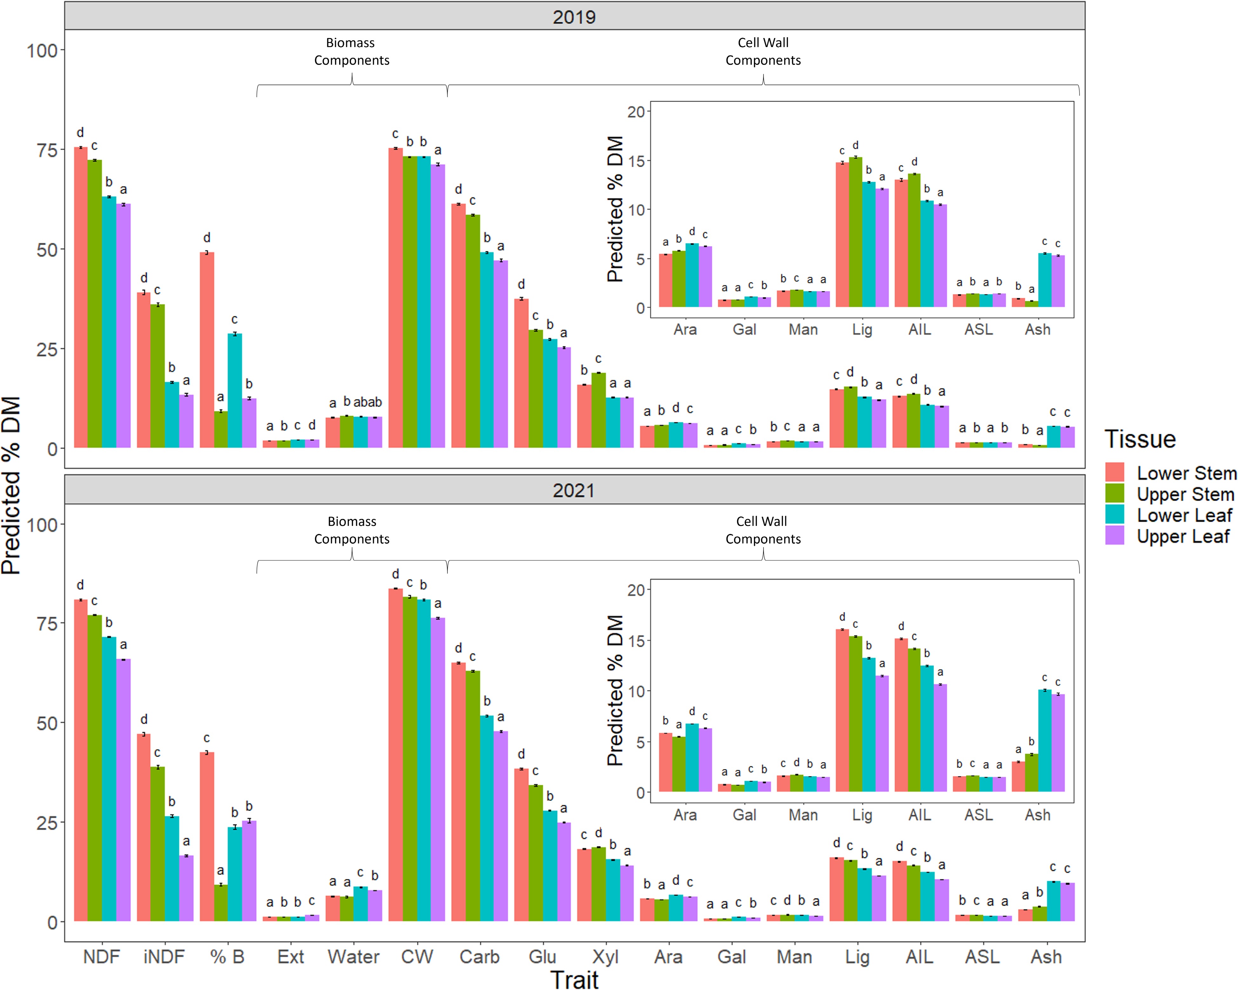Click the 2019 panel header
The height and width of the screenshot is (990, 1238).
(574, 16)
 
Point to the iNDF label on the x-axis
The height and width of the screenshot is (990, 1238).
(164, 957)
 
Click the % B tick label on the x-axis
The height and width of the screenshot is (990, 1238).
(227, 957)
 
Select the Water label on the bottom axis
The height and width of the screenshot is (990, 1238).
(354, 957)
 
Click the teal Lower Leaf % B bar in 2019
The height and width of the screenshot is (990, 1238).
(235, 390)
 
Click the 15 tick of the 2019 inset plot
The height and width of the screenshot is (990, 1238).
(636, 161)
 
